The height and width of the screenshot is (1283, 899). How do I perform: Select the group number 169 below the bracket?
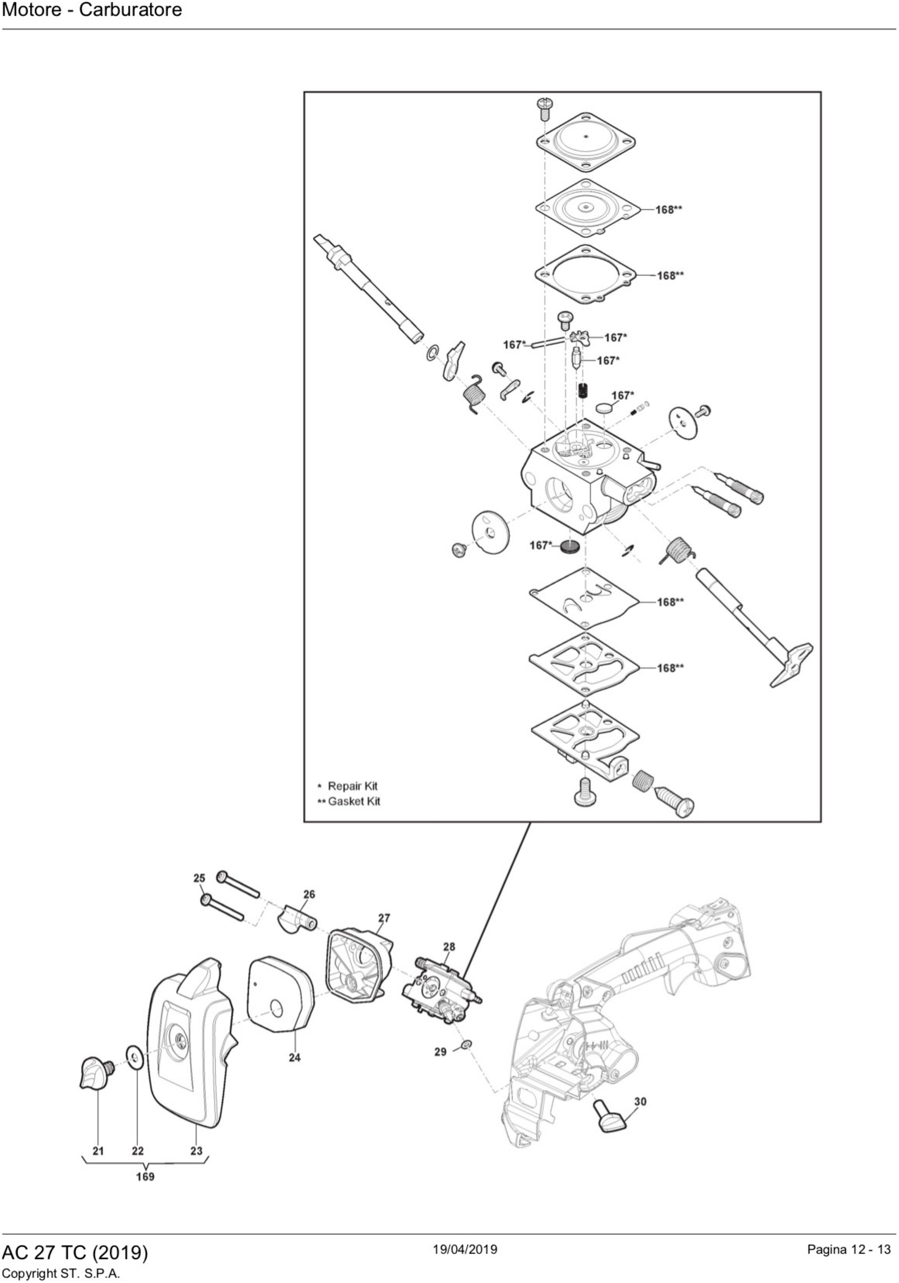tap(145, 1176)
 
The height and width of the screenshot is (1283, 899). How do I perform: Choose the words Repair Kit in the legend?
tap(352, 786)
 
